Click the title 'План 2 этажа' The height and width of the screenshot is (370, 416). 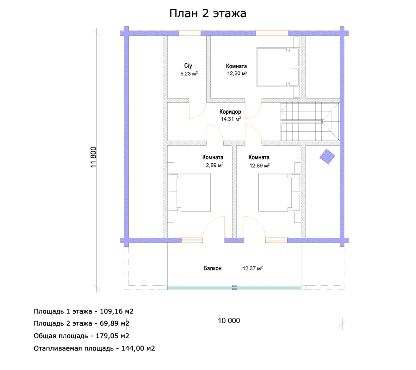(x=208, y=13)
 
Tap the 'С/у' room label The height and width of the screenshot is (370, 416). (x=188, y=66)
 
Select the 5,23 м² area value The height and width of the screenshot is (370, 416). (x=189, y=74)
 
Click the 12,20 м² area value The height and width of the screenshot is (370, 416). (x=237, y=73)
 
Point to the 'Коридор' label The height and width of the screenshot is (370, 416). (x=230, y=112)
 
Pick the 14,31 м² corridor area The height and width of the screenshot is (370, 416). (x=231, y=119)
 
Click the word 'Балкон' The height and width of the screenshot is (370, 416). (x=213, y=268)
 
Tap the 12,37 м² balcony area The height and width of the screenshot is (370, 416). (x=252, y=268)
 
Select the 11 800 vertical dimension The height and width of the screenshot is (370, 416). (x=93, y=157)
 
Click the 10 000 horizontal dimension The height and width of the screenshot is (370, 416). (x=229, y=321)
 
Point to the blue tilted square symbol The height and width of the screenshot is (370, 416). (x=327, y=157)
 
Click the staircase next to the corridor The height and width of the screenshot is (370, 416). (x=310, y=122)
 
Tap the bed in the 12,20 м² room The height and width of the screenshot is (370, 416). (x=278, y=67)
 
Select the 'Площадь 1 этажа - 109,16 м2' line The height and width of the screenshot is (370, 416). (x=84, y=311)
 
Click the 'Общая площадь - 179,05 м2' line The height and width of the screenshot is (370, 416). (x=81, y=336)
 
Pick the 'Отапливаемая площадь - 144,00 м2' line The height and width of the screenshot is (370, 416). (x=94, y=348)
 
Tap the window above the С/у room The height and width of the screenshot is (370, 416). (x=190, y=33)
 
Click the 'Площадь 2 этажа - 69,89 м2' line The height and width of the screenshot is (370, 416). (x=81, y=323)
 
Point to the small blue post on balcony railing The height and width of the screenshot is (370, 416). (x=234, y=288)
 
